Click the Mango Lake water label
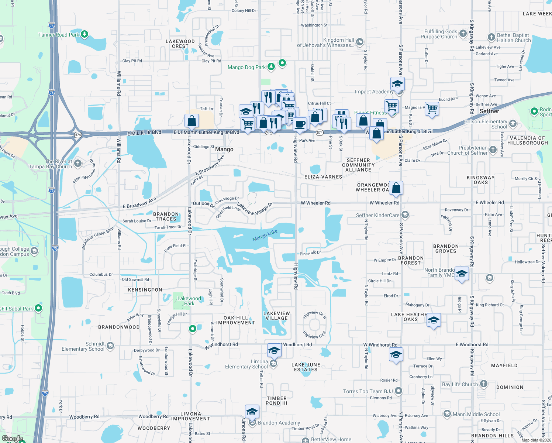coord(265,235)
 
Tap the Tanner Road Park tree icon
coord(84,34)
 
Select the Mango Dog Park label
coord(246,67)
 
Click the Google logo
coord(12,439)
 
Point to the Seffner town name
coord(489,111)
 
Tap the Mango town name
coord(224,150)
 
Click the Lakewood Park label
coord(189,301)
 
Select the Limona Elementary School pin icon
coord(273,364)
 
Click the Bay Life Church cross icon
coord(483,384)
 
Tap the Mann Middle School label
coord(476,414)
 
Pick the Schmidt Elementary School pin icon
coord(110,346)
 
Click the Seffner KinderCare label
coord(377,215)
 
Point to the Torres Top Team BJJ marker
coord(398,391)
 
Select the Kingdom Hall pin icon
coord(360,42)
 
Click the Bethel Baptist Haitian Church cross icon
coord(491,37)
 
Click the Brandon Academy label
coord(279,423)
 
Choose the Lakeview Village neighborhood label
coord(276,316)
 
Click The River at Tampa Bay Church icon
coord(77,163)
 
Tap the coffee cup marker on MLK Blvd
coord(300,124)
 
